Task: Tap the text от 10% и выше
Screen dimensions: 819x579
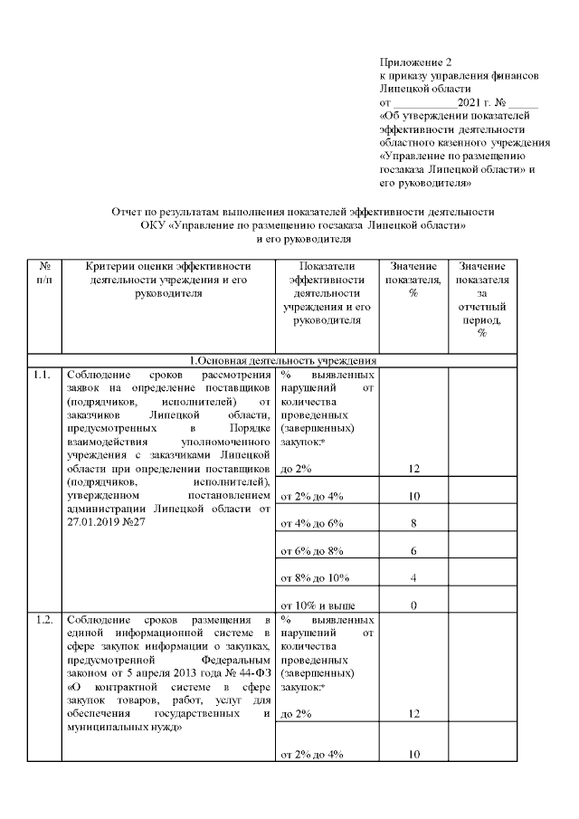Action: tap(318, 605)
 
